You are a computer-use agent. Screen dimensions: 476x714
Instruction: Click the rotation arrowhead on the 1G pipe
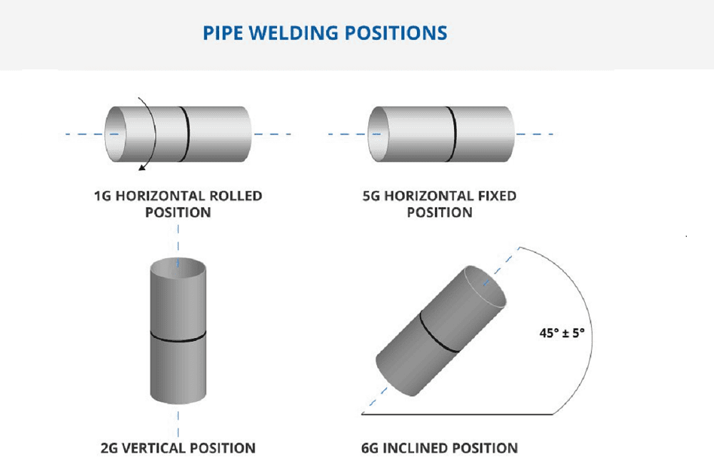(143, 167)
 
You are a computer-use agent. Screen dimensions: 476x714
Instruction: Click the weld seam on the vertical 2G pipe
(178, 338)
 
